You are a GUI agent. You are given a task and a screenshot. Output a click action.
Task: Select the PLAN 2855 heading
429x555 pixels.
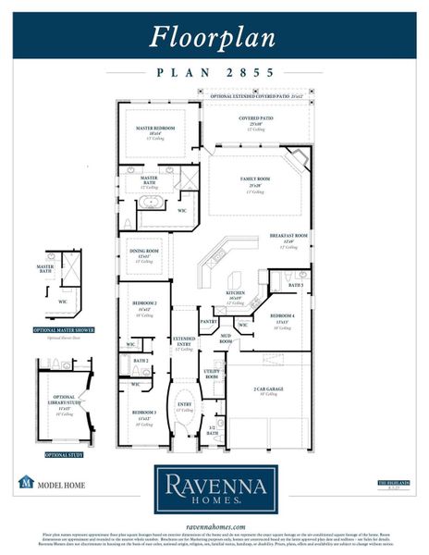214,71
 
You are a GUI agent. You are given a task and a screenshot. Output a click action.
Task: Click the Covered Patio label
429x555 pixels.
255,119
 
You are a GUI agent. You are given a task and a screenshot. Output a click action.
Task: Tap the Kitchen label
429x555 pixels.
235,293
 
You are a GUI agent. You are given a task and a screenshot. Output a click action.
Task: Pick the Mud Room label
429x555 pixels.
226,339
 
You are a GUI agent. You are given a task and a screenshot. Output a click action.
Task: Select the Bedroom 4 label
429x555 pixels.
284,316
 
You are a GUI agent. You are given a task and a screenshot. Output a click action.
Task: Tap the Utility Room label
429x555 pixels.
212,374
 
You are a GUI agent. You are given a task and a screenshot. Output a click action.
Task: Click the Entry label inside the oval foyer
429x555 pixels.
185,404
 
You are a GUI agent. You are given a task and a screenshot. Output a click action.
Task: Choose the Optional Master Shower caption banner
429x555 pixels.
64,330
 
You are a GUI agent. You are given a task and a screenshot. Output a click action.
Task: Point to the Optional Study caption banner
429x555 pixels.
64,454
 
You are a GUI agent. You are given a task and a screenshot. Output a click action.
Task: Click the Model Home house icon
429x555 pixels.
27,482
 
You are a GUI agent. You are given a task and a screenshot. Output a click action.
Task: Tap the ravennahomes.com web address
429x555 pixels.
214,524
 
